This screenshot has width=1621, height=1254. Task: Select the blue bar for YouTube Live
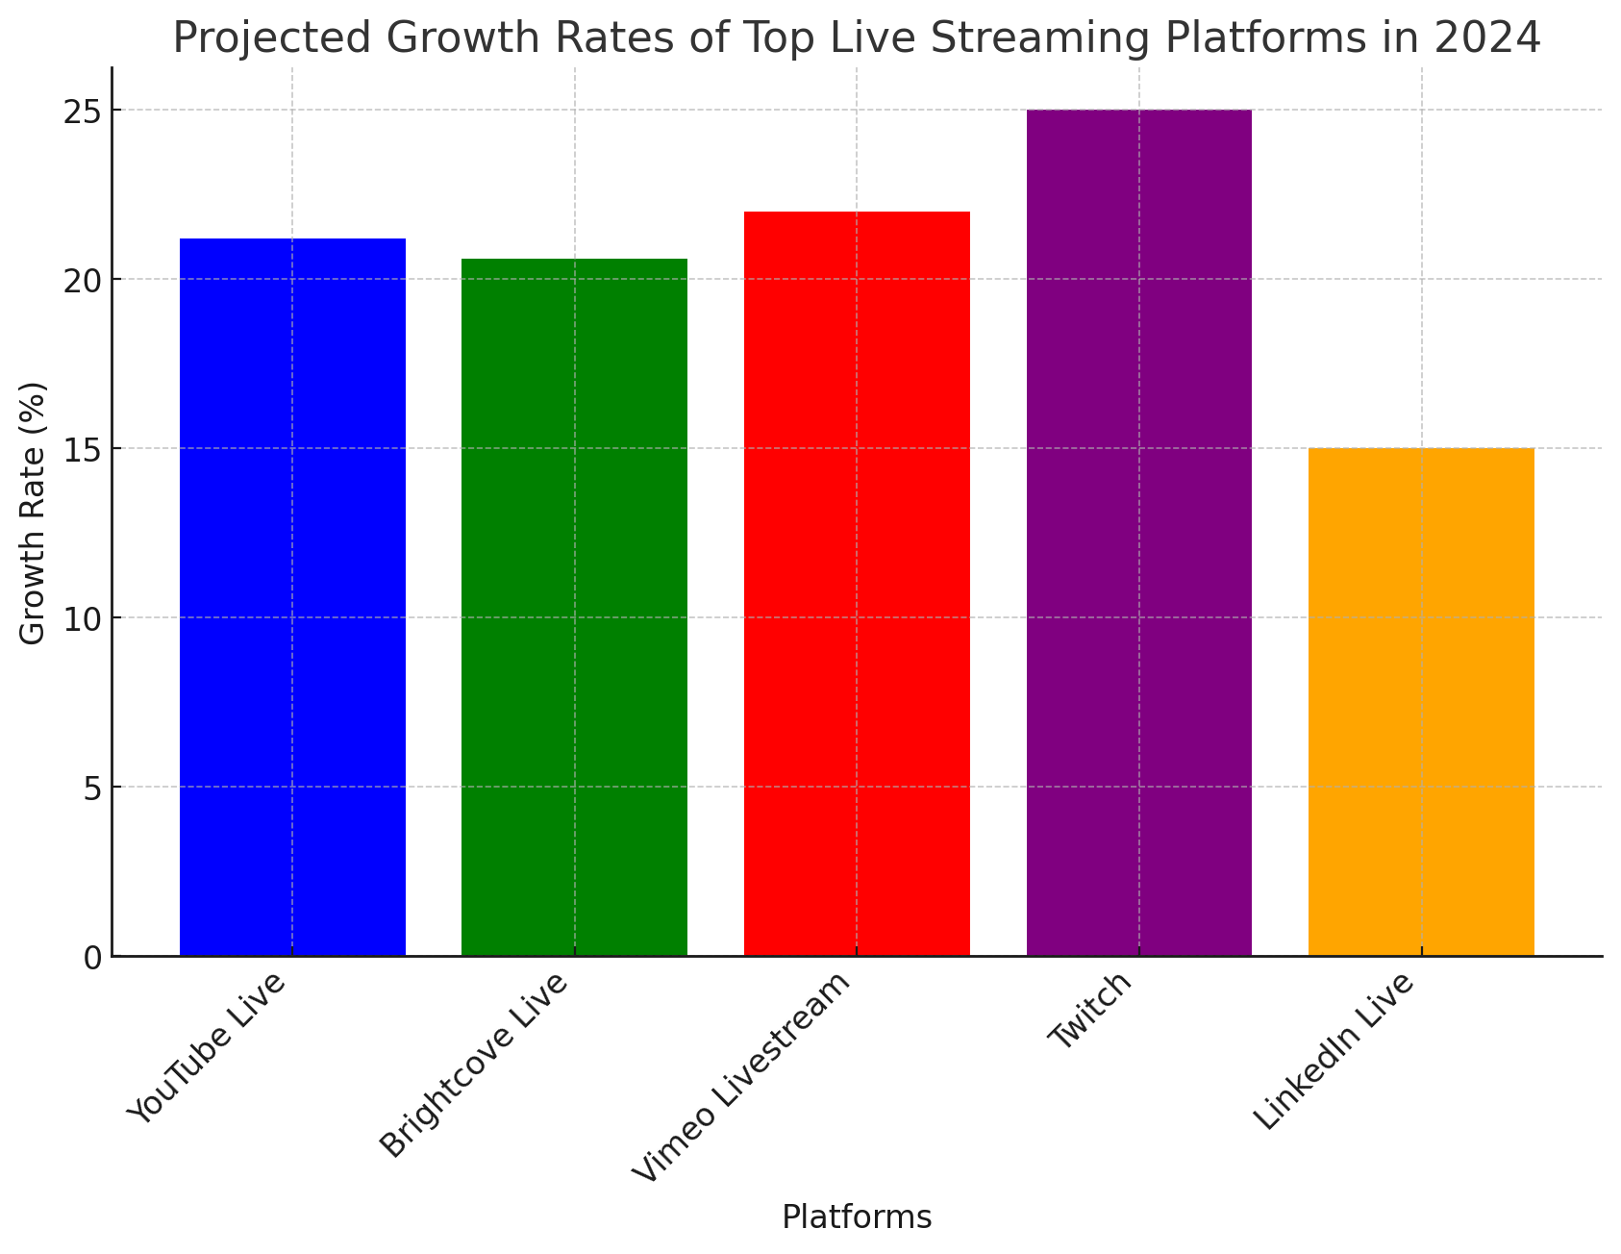click(x=292, y=596)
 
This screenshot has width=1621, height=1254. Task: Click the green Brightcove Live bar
click(x=574, y=606)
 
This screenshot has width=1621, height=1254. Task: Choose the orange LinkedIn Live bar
click(x=1421, y=701)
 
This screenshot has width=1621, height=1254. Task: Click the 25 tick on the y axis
click(x=84, y=111)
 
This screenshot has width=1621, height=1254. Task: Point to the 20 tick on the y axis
click(x=84, y=280)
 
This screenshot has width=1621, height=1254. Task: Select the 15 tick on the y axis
click(x=84, y=449)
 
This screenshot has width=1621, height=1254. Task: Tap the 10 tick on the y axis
click(x=84, y=618)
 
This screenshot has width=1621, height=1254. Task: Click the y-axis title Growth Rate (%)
click(x=33, y=514)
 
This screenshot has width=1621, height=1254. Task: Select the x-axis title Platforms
click(x=857, y=1217)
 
